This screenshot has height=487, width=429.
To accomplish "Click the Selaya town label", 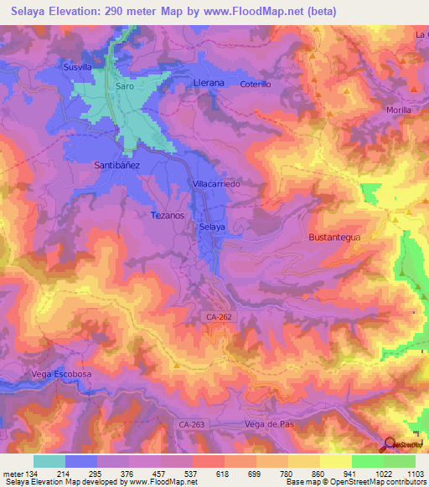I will (212, 227).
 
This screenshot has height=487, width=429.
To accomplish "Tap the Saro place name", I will (124, 86).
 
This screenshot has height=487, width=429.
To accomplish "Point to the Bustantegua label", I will (334, 238).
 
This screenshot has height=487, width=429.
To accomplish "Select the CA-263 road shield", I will (190, 425).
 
